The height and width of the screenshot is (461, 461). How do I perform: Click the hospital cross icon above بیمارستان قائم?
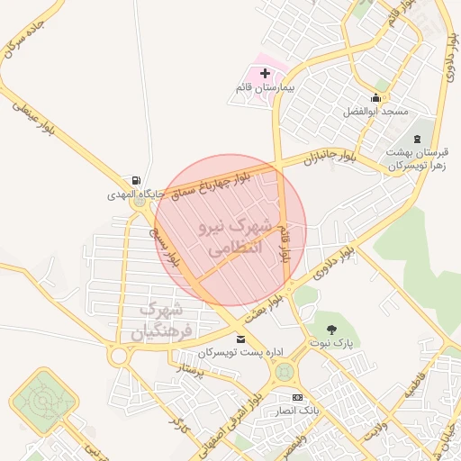(264, 72)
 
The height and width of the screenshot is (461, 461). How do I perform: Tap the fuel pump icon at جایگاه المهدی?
(136, 179)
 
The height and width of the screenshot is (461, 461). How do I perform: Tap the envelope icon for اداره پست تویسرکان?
(240, 339)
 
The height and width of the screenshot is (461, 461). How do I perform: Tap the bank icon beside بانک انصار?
(297, 398)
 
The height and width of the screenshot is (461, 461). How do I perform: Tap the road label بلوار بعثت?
(280, 296)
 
